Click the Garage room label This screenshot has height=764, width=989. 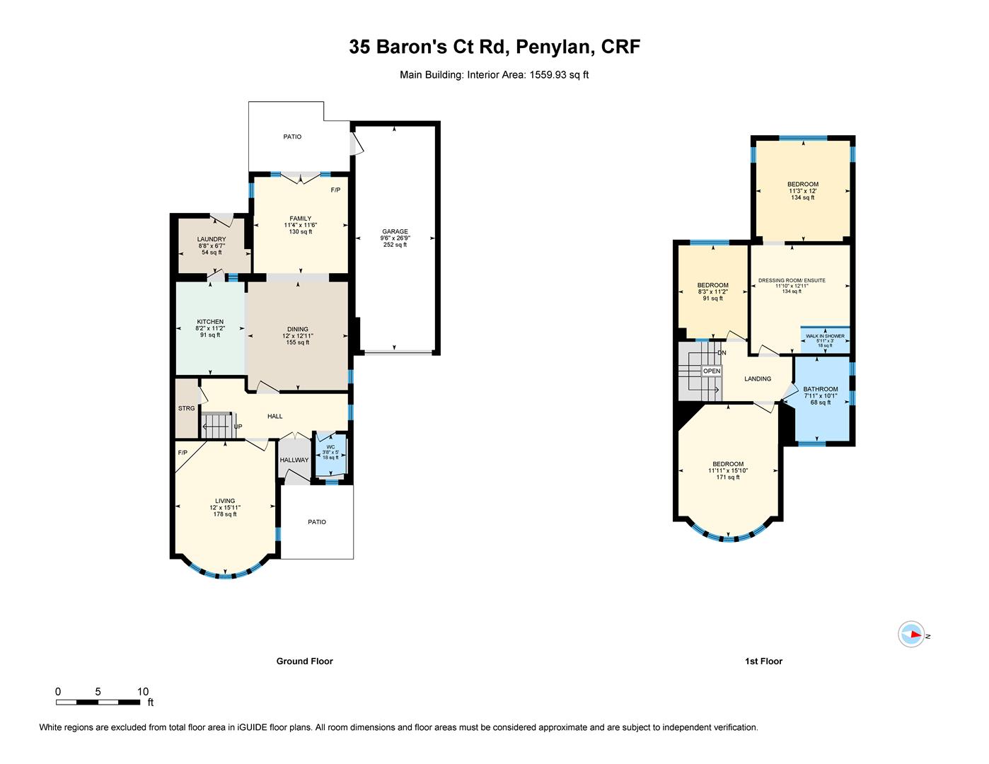pos(395,231)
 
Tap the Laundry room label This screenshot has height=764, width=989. pos(212,239)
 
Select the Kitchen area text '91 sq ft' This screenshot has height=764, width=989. pos(210,335)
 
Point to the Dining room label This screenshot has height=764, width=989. pos(298,329)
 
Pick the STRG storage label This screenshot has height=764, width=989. pos(186,408)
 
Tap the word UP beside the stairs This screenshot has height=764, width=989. pos(238,427)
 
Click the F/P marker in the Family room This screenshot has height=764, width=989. pos(335,190)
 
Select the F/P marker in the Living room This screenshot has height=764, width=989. pos(183,452)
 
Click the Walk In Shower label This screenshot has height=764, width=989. pos(825,336)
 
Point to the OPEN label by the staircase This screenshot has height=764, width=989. pos(712,371)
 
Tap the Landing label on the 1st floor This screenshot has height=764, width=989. pos(758,378)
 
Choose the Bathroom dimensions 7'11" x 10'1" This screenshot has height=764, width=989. pos(820,396)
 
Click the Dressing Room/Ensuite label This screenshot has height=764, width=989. pos(792,280)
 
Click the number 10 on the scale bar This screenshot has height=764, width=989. pos(143,692)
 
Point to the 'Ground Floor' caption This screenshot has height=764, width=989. pos(304,661)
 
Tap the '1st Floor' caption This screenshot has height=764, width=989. pos(763,661)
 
